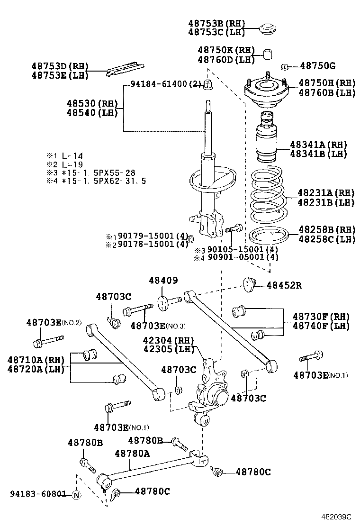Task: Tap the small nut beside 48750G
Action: coord(285,66)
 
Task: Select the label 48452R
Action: coord(284,285)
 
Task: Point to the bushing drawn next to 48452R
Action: coord(249,284)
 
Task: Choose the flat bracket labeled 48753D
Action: coord(124,69)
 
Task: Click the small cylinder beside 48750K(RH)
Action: coord(268,53)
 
